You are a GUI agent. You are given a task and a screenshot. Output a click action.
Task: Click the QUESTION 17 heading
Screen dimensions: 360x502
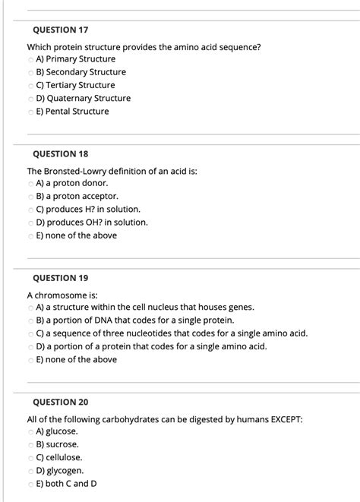(61, 30)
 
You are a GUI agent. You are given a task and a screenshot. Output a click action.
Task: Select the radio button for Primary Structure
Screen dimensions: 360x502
(30, 59)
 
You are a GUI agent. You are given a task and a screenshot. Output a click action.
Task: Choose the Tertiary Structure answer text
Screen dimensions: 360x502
(75, 85)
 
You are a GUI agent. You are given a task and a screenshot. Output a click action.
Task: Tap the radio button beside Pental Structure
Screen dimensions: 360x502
(30, 112)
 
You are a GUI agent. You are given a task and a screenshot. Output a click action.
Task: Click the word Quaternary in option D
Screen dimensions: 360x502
(78, 99)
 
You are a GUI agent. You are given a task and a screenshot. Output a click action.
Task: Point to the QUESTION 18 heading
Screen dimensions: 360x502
(61, 153)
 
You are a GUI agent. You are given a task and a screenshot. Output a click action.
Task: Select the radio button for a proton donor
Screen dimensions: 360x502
(30, 183)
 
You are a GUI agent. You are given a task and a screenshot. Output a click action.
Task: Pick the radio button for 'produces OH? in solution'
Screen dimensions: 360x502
(30, 223)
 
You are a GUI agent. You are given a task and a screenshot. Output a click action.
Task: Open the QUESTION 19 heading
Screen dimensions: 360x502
(61, 278)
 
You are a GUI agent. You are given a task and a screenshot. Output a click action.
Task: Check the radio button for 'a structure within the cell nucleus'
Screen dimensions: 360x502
(30, 308)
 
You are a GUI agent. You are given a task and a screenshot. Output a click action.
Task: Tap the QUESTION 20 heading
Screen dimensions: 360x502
(61, 402)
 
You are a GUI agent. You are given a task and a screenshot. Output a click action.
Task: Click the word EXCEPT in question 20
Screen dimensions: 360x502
(285, 418)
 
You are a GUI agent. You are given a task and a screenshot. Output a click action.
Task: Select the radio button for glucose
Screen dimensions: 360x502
(30, 431)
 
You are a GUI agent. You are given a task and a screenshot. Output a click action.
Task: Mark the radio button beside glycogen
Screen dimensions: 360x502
(30, 471)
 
